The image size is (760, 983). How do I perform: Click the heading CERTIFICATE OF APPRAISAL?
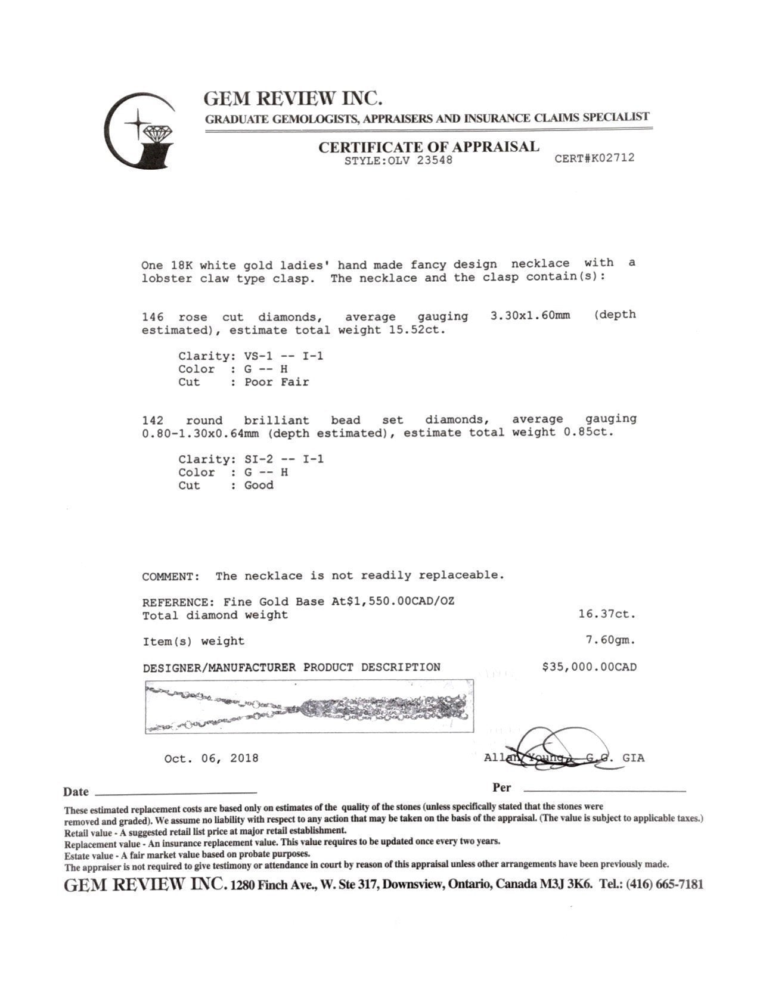(x=428, y=147)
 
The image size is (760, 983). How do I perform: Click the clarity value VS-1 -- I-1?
(x=284, y=356)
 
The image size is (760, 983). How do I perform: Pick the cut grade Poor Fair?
(x=277, y=382)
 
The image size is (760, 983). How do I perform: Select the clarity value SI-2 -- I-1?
(x=284, y=459)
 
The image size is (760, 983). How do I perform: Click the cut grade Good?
(x=259, y=486)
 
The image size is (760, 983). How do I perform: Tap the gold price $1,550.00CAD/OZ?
(x=392, y=601)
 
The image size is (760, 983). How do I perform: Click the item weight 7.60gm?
(x=610, y=640)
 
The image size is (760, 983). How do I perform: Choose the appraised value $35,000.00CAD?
(x=588, y=667)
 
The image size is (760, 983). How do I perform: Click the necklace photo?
(x=309, y=707)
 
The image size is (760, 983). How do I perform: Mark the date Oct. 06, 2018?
(x=211, y=758)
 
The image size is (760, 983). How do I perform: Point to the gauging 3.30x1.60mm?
(x=529, y=315)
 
